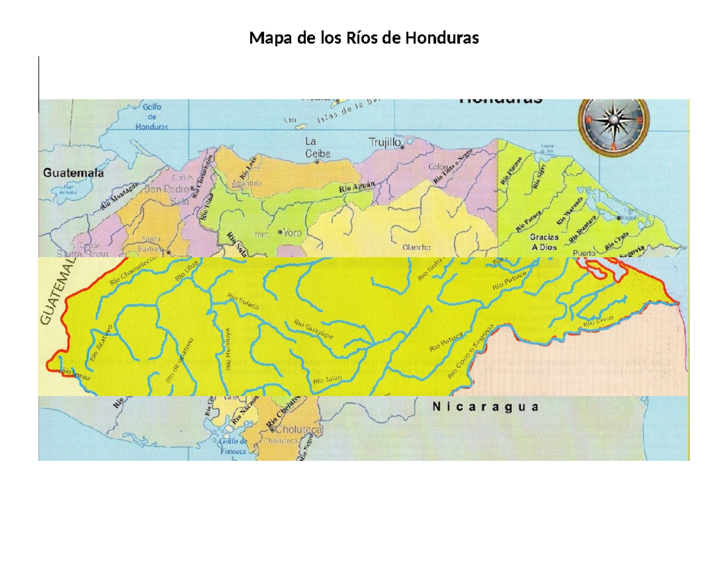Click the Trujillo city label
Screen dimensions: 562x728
pyautogui.click(x=385, y=142)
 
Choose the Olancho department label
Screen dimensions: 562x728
pyautogui.click(x=416, y=247)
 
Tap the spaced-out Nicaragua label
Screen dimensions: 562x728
pyautogui.click(x=485, y=407)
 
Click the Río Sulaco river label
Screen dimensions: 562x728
pyautogui.click(x=243, y=301)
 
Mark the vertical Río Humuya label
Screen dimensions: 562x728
pyautogui.click(x=229, y=349)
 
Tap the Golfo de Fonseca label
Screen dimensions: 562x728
pyautogui.click(x=234, y=446)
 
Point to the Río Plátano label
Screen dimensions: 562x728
pyautogui.click(x=511, y=170)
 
